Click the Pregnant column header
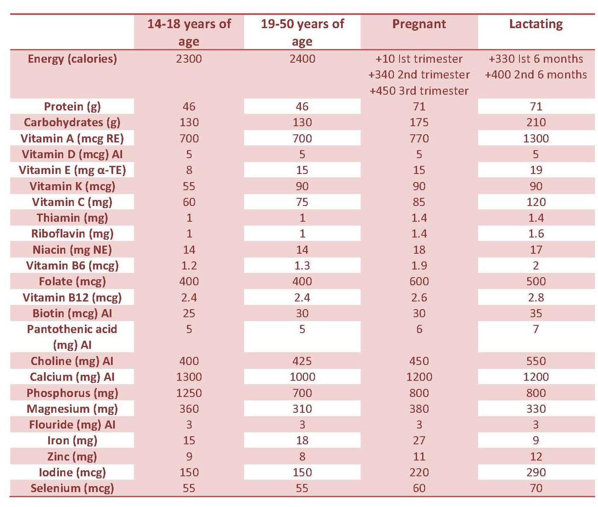pos(419,24)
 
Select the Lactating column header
pos(536,24)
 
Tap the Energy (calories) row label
pos(72,59)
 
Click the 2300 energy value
pos(189,59)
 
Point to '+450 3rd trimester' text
pos(419,91)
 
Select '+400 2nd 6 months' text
pos(536,75)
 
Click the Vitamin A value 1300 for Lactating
pos(536,139)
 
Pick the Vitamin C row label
pos(72,203)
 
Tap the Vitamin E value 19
pos(536,170)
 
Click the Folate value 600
pos(419,281)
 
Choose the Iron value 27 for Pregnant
pos(419,440)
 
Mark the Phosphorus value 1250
pos(189,393)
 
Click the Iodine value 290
pos(536,472)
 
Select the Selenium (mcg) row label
pos(72,489)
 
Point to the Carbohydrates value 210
pos(536,122)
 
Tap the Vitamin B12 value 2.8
pos(536,298)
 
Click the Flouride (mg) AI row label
pos(72,425)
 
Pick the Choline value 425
pos(302,361)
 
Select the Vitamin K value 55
pos(189,186)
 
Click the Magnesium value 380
pos(419,409)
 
